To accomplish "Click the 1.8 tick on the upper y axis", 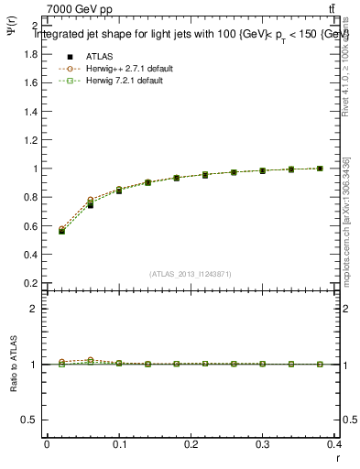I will tap(31, 54).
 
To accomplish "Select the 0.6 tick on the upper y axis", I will tap(31, 226).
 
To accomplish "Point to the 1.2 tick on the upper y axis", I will tap(31, 140).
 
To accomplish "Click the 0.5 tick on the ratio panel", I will tap(31, 420).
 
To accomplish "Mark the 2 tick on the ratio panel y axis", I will tap(35, 309).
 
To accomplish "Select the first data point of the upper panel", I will tap(61, 231).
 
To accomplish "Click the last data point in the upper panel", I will tap(320, 169).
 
